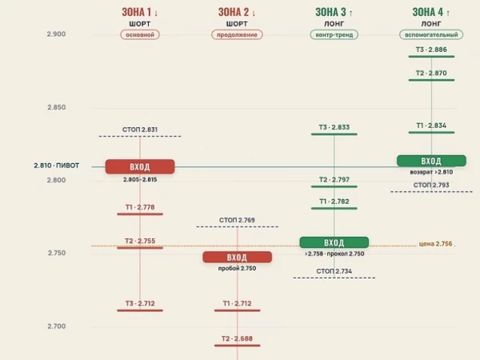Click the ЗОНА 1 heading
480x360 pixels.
(140, 12)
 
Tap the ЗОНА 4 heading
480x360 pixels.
(431, 12)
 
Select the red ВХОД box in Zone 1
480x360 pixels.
(140, 167)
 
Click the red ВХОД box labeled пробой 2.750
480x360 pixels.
(238, 257)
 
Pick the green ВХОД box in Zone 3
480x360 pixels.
(334, 242)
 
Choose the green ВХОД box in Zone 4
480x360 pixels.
(431, 161)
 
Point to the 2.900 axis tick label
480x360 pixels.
(56, 34)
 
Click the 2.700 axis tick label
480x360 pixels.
(57, 326)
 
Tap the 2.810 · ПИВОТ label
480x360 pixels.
(57, 166)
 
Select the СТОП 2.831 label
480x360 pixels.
(140, 130)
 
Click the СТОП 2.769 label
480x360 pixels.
(237, 220)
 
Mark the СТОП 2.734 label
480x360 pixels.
(334, 271)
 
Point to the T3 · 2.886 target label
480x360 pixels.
(431, 50)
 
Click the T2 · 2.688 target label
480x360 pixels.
(238, 338)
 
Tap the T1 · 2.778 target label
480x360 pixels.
(140, 207)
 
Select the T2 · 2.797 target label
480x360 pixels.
(334, 180)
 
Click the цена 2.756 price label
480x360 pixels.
(436, 244)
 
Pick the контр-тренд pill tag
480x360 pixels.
(334, 34)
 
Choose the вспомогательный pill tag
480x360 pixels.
(431, 34)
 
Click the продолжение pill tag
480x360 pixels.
(237, 34)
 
